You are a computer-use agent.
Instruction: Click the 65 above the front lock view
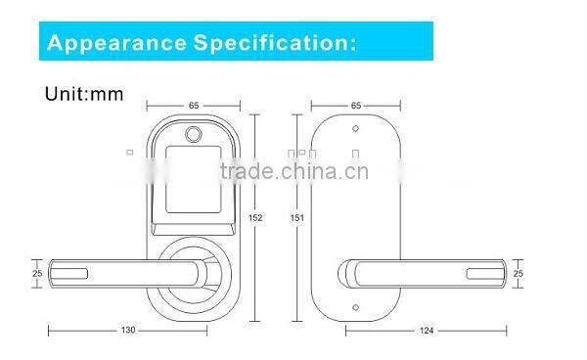194,103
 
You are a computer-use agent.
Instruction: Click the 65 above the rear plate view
355,103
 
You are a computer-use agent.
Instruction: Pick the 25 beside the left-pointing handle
37,273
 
